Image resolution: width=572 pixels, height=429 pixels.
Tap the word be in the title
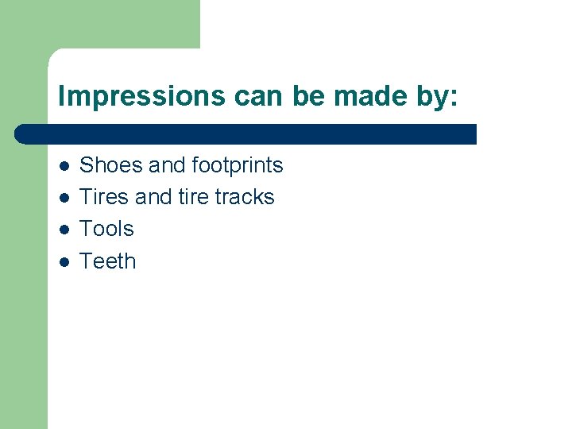point(312,96)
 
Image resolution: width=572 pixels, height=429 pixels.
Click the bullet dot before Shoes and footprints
point(63,166)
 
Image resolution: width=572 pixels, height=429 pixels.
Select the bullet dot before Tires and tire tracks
point(63,198)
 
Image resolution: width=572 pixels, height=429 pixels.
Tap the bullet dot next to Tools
point(63,230)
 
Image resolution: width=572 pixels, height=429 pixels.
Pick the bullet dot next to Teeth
point(63,261)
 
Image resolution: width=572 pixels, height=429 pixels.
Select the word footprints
point(238,165)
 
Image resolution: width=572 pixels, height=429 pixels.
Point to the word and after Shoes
point(167,165)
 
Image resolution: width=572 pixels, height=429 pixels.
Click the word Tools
point(107,229)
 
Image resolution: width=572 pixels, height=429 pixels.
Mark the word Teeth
point(108,261)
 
